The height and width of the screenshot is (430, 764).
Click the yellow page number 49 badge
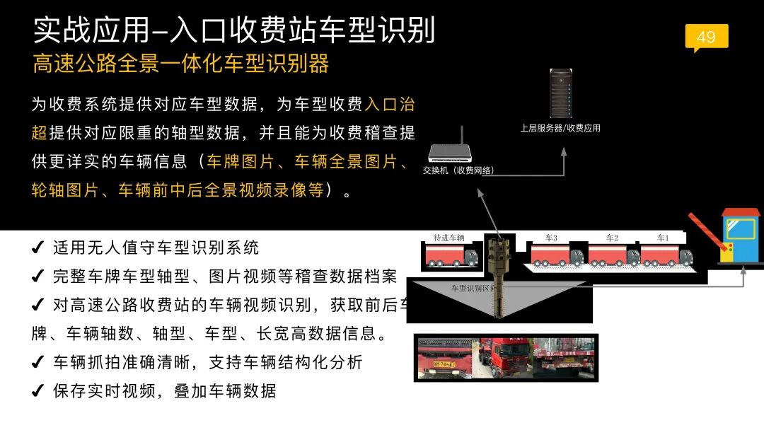[706, 37]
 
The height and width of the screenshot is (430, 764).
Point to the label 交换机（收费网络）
[458, 170]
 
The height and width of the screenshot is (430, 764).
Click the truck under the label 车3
[557, 255]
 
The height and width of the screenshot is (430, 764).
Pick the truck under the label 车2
[613, 255]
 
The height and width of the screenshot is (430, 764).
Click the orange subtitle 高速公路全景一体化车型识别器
[180, 64]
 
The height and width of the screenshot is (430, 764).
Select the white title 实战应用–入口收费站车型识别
[233, 29]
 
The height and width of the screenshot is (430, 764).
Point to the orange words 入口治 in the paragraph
[390, 105]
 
